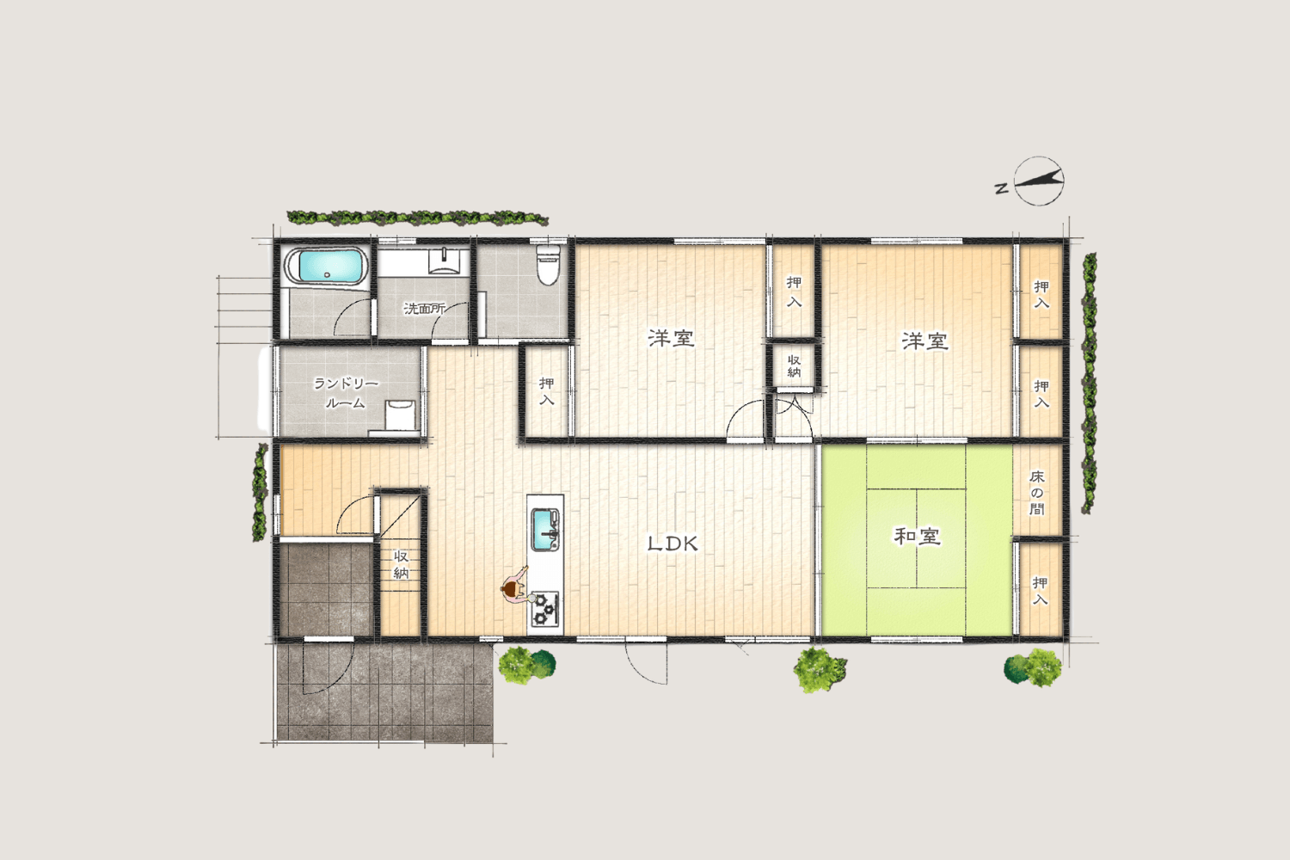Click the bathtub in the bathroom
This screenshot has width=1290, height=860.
pos(326,267)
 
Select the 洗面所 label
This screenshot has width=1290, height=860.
pos(425,309)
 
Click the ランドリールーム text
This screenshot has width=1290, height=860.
pos(346,393)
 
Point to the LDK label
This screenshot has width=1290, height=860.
pos(673,544)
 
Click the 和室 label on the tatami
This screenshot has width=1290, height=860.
pos(917,537)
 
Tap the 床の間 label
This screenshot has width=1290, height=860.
pos(1036,493)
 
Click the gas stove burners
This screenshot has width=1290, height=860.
pos(544,609)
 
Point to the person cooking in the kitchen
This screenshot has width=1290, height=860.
pos(516,587)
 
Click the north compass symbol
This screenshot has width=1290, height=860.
pos(1038,181)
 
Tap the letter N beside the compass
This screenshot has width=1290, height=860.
pos(1002,187)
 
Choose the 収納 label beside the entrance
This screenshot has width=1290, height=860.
pos(402,565)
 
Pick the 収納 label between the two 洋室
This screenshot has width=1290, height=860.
pos(794,365)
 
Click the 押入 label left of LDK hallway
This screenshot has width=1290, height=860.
pos(546,391)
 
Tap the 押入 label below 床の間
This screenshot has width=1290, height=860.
pos(1040,591)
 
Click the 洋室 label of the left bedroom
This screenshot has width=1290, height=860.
pos(671,338)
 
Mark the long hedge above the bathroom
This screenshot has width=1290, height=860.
pos(417,218)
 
